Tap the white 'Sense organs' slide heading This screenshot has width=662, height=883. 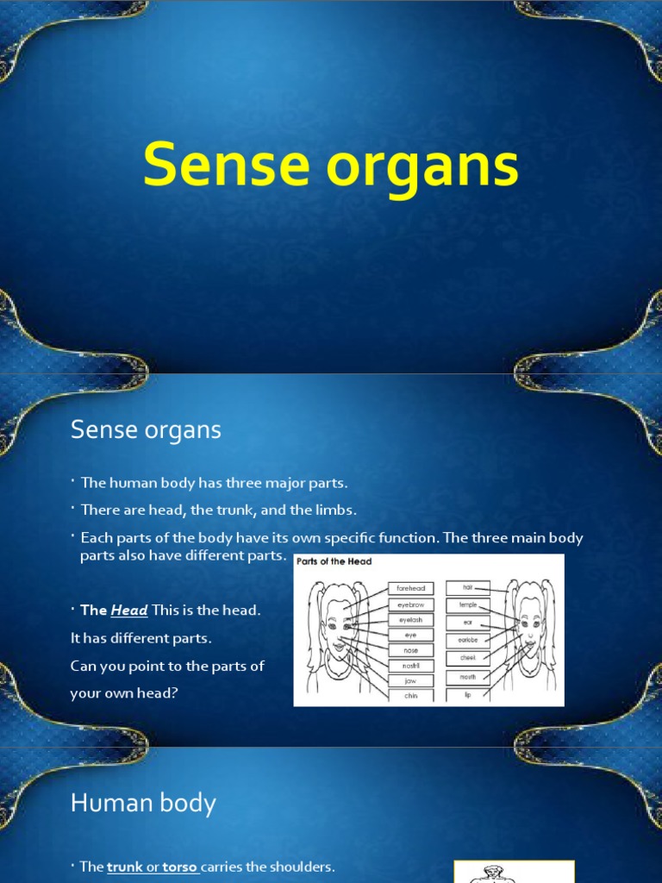click(x=146, y=429)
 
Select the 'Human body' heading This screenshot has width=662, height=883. click(x=143, y=804)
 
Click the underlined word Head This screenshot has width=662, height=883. click(x=129, y=611)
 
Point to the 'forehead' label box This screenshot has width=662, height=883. click(x=411, y=588)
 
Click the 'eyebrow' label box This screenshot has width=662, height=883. click(x=411, y=604)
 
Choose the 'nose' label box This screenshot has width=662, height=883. click(x=411, y=650)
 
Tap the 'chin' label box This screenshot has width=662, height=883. click(x=411, y=696)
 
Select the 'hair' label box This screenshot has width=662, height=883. click(x=468, y=587)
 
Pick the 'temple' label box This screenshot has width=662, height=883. click(x=468, y=605)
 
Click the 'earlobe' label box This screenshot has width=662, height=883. click(x=468, y=641)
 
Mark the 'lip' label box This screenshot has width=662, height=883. click(x=468, y=694)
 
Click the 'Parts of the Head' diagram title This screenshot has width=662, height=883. click(x=334, y=561)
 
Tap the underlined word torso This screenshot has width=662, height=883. click(x=180, y=867)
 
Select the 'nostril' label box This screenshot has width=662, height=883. click(x=411, y=666)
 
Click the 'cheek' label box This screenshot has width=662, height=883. click(x=468, y=658)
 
